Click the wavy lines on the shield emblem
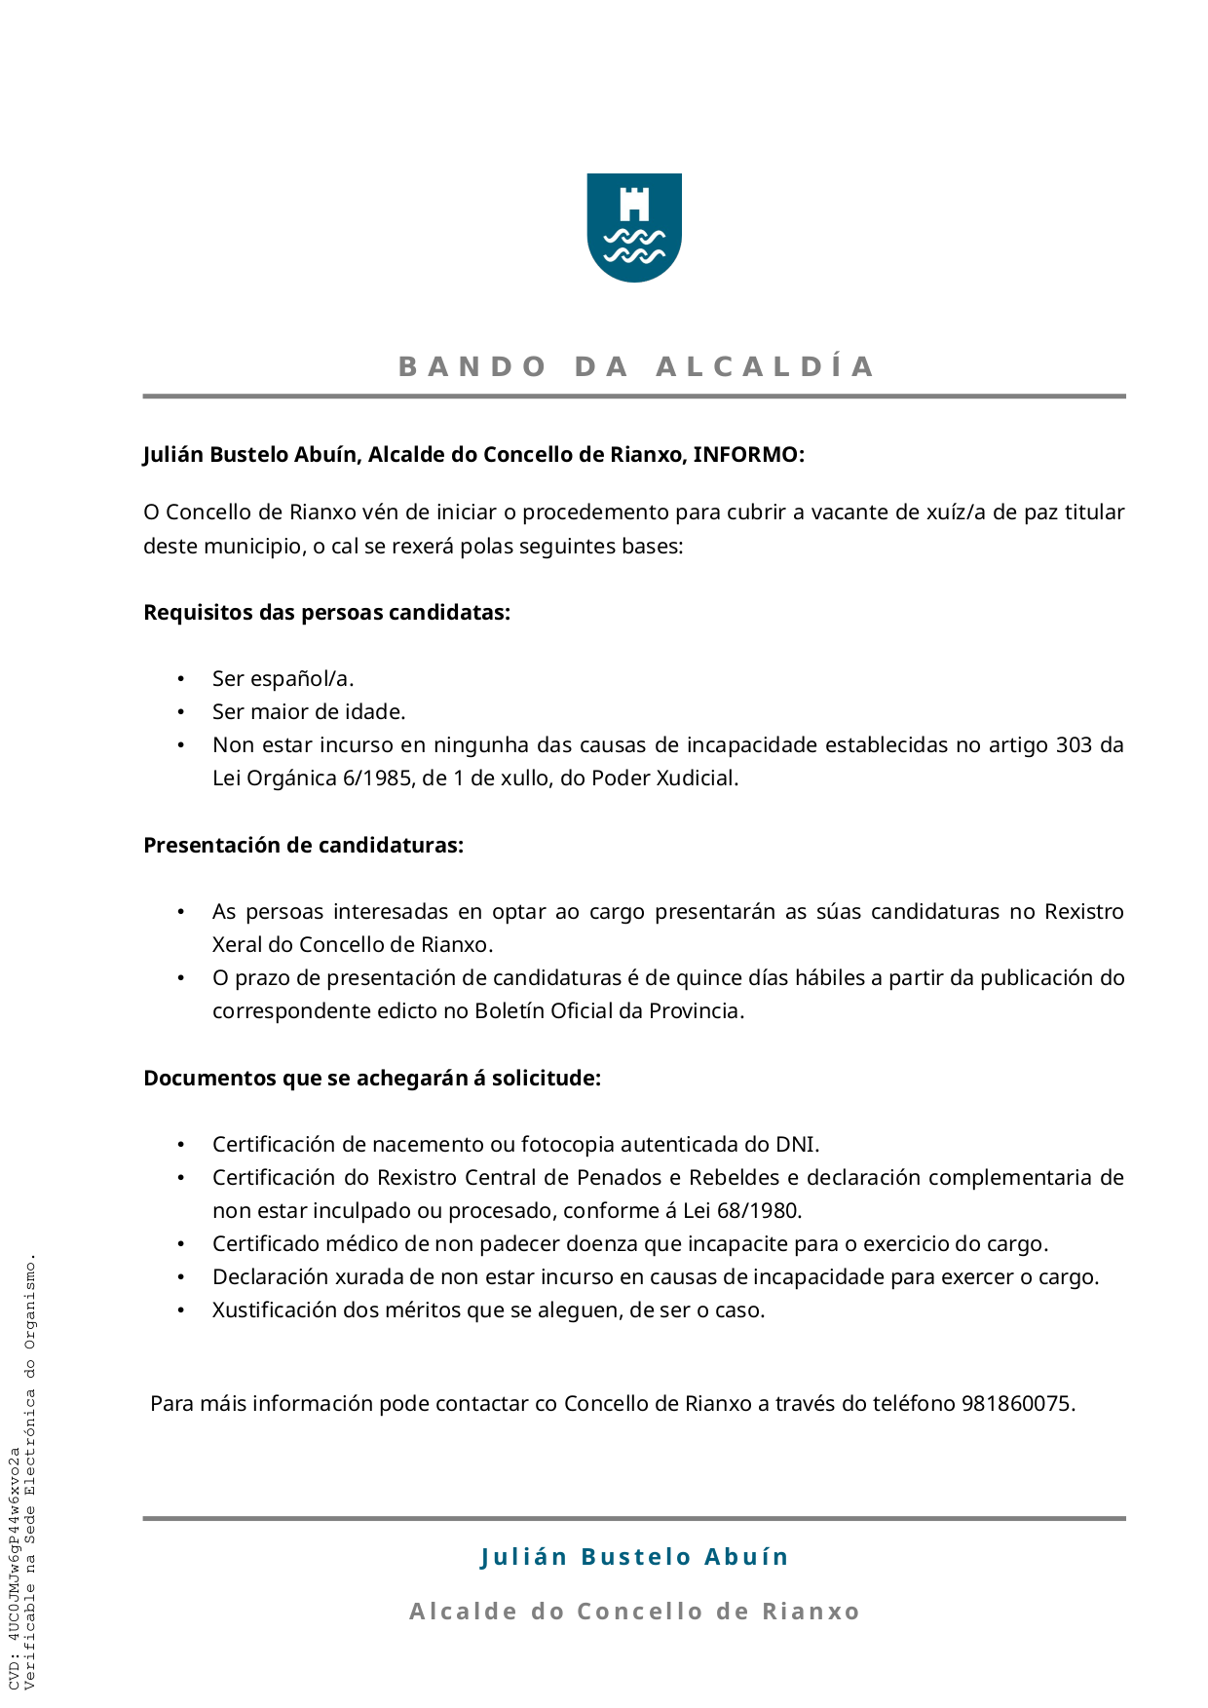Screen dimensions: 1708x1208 (x=634, y=246)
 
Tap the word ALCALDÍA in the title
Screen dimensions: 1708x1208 (x=766, y=366)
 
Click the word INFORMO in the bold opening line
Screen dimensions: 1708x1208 (x=745, y=455)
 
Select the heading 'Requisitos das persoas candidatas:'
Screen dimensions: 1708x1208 (x=326, y=613)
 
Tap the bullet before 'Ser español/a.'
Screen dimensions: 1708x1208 (x=180, y=679)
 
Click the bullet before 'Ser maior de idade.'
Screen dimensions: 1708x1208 (x=180, y=712)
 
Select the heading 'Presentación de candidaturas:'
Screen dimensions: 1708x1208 (x=303, y=846)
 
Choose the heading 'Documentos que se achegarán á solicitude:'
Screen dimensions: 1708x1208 (x=372, y=1079)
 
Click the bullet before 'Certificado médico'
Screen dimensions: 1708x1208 (x=180, y=1244)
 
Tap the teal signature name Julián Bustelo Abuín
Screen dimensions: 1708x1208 (x=634, y=1557)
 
